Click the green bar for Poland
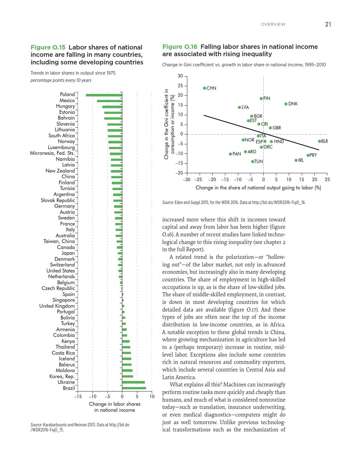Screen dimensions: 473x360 tap(104, 95)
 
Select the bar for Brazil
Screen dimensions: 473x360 tap(134, 388)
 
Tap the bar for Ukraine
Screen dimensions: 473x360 tap(133, 382)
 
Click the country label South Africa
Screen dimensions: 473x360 tap(61, 136)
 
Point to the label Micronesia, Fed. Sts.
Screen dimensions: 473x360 tap(52, 153)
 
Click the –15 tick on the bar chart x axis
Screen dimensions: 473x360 tap(78, 397)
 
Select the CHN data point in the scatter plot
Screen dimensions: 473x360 tap(204, 88)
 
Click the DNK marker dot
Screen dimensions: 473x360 tap(286, 104)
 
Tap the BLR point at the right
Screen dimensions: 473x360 tap(319, 141)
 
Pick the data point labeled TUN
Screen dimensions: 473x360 tap(253, 161)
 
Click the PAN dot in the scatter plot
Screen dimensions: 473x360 tap(230, 154)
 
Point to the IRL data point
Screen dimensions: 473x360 tap(296, 160)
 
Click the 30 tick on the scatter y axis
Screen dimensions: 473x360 tap(180, 76)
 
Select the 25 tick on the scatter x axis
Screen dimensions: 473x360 tap(327, 180)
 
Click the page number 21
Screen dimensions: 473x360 tap(328, 24)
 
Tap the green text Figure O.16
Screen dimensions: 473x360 tap(180, 47)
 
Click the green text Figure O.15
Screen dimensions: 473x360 tap(48, 48)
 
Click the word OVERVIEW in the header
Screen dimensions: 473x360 tap(273, 24)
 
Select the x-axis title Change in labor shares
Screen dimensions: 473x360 tap(114, 404)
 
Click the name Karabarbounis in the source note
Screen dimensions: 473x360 tap(57, 425)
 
